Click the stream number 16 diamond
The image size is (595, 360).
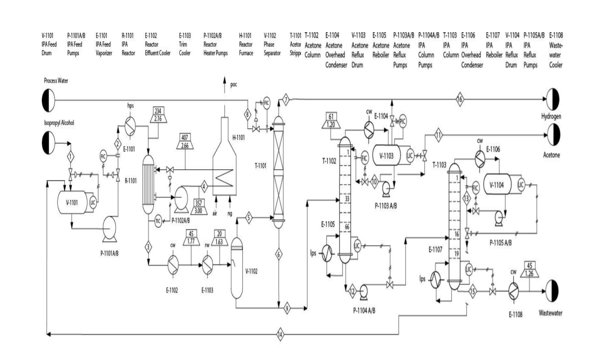[x=459, y=100]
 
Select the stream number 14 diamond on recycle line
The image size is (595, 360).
[x=281, y=335]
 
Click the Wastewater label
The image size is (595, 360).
[x=550, y=313]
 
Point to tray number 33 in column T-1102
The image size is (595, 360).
[x=347, y=198]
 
